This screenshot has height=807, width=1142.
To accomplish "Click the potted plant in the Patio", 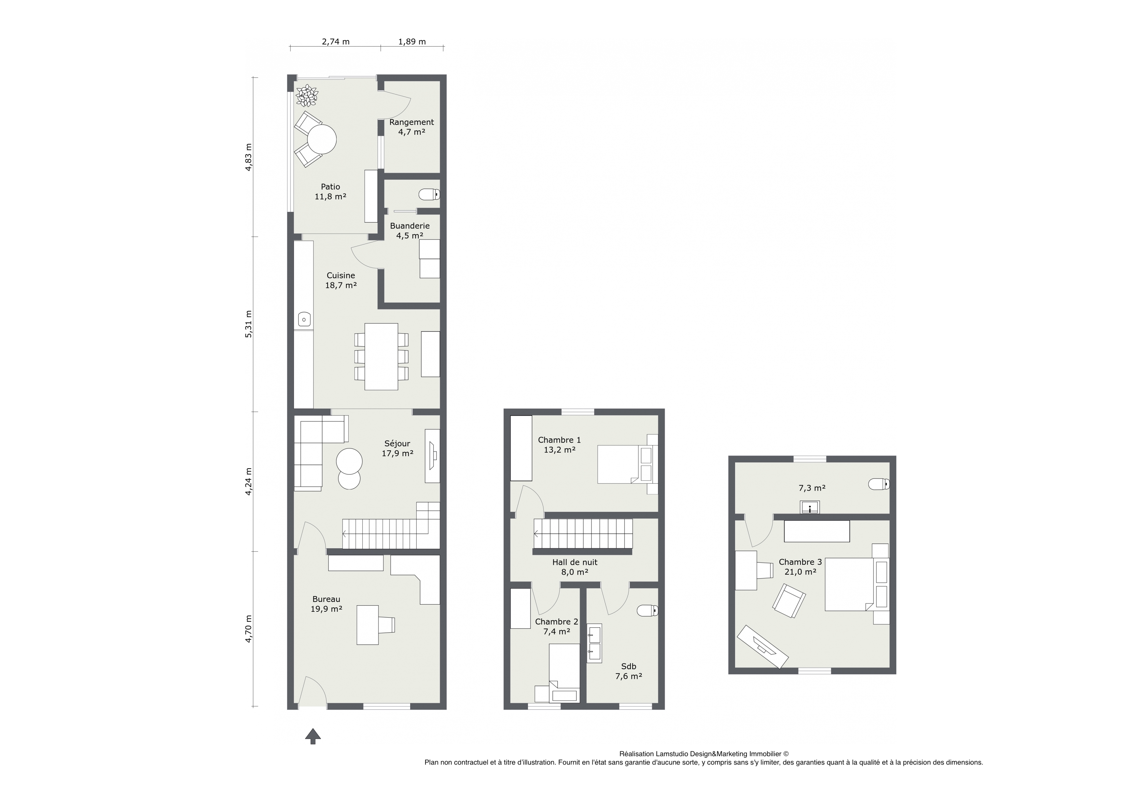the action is click(306, 95).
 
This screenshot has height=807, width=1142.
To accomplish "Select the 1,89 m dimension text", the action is click(412, 42).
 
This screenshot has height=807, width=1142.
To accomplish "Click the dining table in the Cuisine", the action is click(381, 357).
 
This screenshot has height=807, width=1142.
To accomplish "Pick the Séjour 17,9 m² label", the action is click(397, 448).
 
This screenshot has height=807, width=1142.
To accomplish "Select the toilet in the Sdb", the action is click(648, 610).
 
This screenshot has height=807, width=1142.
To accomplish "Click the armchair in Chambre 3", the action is click(789, 601).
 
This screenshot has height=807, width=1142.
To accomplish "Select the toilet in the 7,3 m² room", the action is click(879, 483).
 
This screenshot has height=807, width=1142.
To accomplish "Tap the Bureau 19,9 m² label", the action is click(326, 604).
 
